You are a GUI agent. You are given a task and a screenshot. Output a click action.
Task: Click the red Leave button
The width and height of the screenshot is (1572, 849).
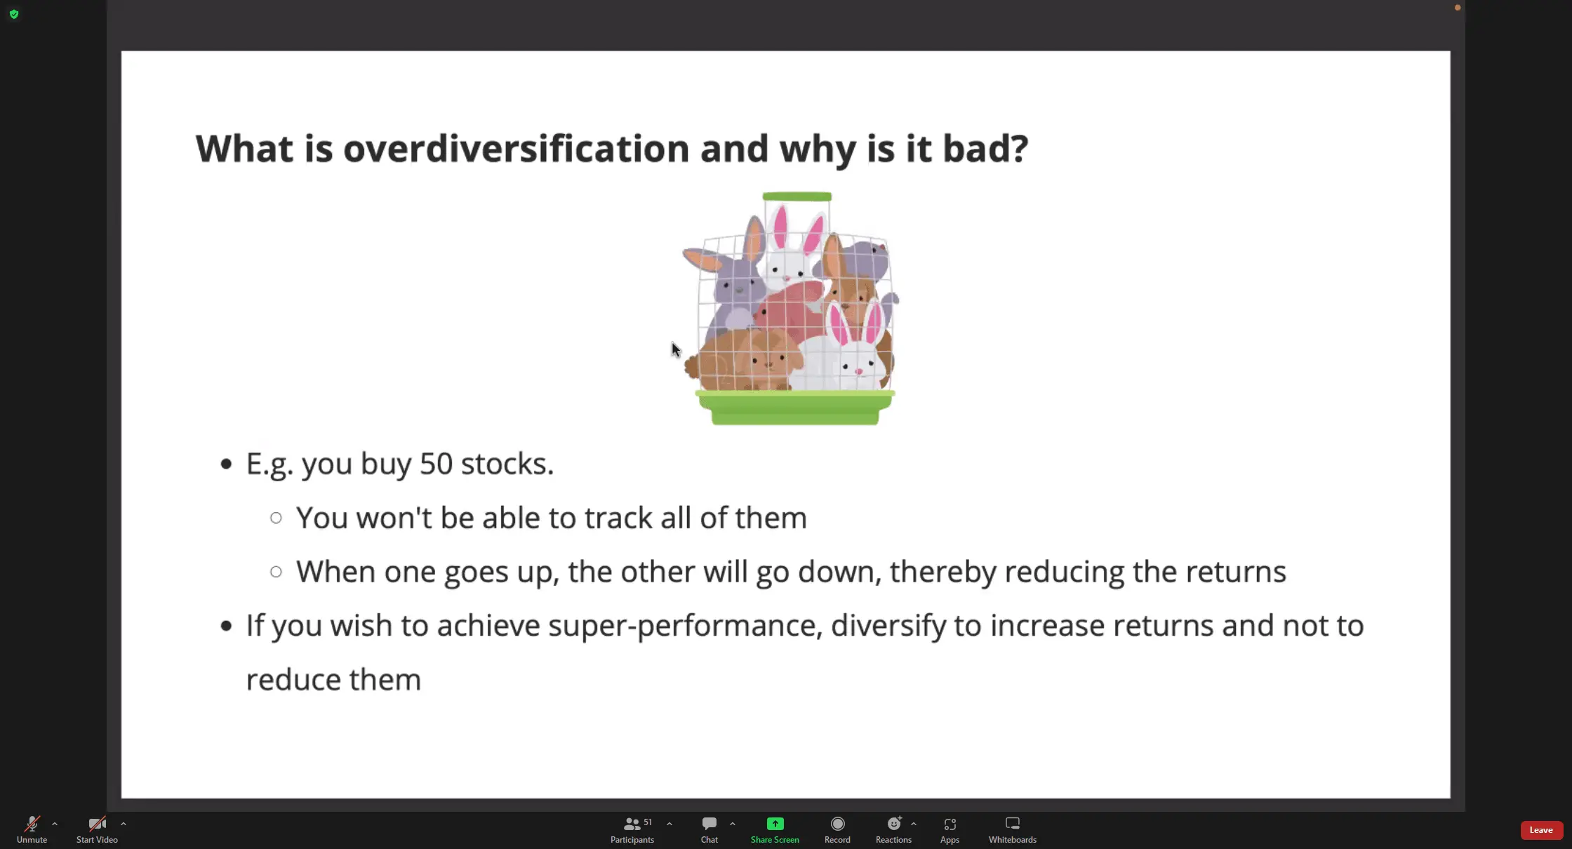point(1541,830)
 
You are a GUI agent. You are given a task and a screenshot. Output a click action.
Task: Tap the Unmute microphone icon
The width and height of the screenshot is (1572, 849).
point(32,824)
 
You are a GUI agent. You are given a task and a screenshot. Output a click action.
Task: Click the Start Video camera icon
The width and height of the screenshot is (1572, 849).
point(97,824)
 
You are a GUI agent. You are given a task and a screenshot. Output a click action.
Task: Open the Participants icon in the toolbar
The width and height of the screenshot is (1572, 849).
point(632,824)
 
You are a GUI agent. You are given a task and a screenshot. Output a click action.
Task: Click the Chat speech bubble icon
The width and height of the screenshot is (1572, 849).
point(710,824)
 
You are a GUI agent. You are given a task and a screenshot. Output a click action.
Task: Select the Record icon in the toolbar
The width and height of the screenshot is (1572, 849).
point(837,824)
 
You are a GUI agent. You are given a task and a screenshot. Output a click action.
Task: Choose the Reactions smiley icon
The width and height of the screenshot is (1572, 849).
point(894,824)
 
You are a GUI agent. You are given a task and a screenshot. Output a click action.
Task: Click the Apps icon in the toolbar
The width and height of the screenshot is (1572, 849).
point(950,824)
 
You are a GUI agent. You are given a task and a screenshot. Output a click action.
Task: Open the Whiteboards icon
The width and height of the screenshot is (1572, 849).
point(1013,824)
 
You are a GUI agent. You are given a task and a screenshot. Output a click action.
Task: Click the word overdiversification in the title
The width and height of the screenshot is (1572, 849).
point(517,149)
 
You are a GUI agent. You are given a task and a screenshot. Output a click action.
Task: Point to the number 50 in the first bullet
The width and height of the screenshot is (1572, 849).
point(436,464)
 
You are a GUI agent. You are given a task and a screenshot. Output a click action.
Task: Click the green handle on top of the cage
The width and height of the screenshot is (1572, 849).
point(797,196)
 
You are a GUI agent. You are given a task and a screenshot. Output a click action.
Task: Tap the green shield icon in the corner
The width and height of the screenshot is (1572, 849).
point(14,14)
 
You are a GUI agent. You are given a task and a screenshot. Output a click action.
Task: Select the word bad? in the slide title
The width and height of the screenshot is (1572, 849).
point(985,149)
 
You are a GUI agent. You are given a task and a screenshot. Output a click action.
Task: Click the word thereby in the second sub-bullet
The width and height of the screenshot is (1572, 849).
point(943,572)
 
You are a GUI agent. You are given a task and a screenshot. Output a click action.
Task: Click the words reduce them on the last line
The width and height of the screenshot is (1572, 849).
point(333,680)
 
